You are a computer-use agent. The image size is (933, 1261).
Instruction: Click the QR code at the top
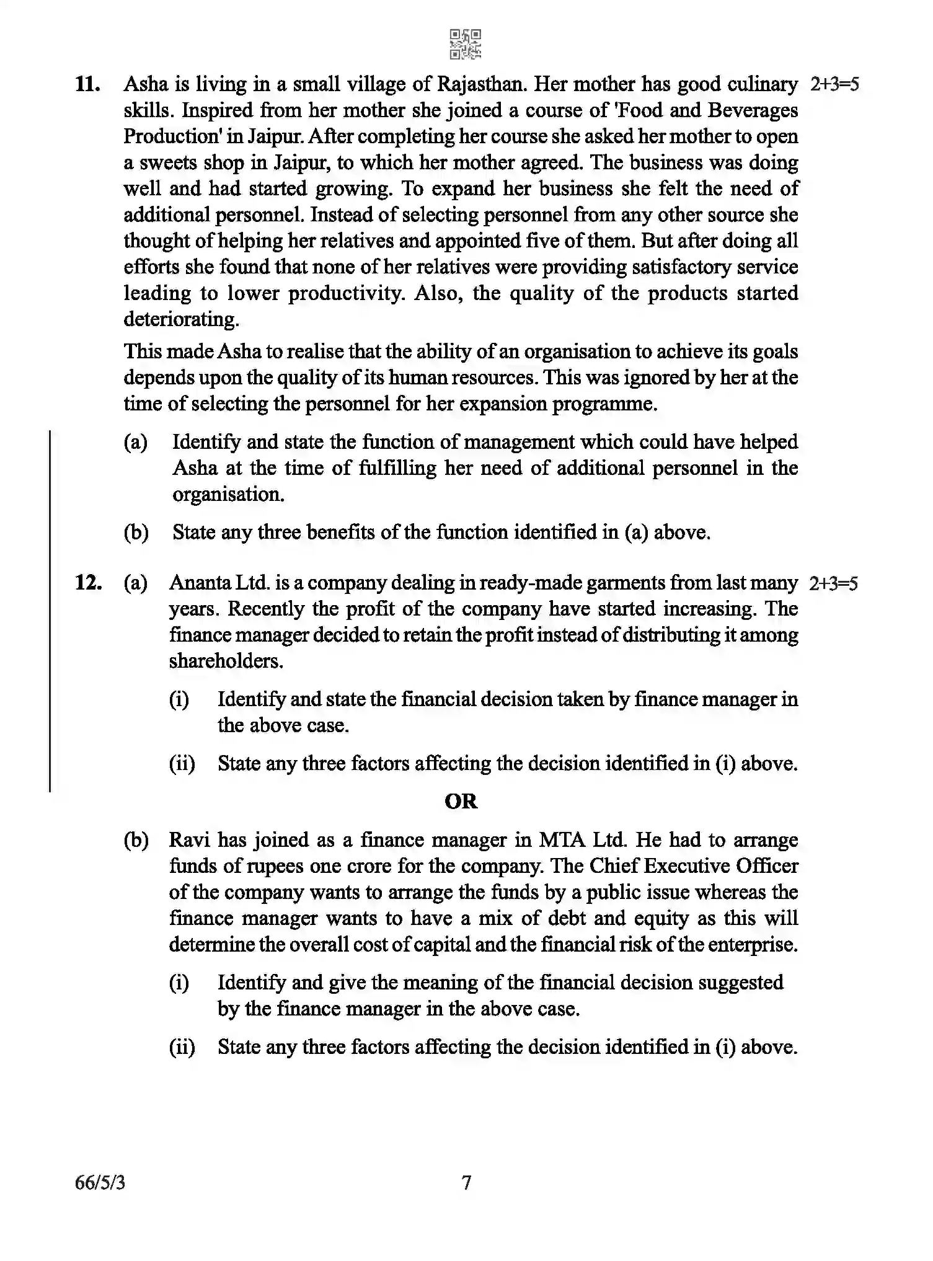pos(465,44)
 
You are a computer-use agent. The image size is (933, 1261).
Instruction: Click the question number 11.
pos(87,84)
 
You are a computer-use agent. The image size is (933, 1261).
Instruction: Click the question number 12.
pos(87,583)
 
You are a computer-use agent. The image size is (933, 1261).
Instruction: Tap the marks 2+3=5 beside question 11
pos(834,84)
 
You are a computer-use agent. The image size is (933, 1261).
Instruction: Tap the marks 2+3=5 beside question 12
pos(833,583)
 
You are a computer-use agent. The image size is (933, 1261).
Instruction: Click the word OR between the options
pos(461,802)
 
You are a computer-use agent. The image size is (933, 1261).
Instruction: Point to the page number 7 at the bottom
pos(466,1183)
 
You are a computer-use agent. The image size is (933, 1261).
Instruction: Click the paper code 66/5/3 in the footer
pos(100,1183)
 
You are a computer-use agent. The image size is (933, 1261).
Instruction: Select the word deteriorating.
pos(181,319)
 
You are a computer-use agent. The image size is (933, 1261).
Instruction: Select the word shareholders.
pos(226,661)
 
